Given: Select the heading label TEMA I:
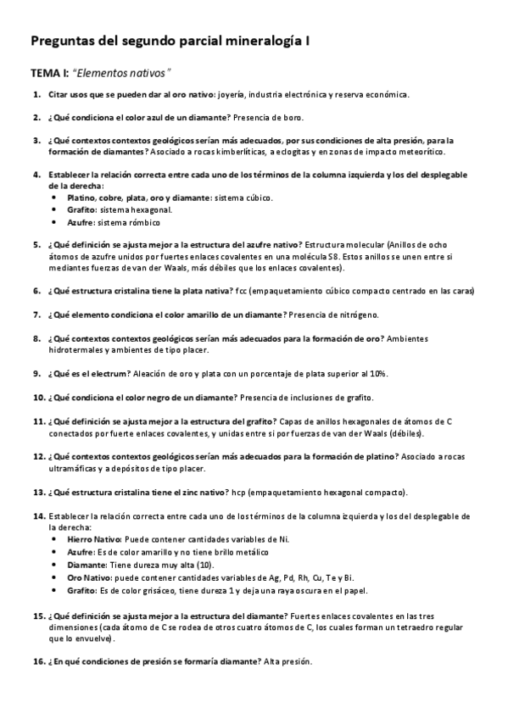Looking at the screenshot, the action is click(x=47, y=74).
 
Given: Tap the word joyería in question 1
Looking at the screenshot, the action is click(x=233, y=94).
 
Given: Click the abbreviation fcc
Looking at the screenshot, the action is click(x=293, y=291).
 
